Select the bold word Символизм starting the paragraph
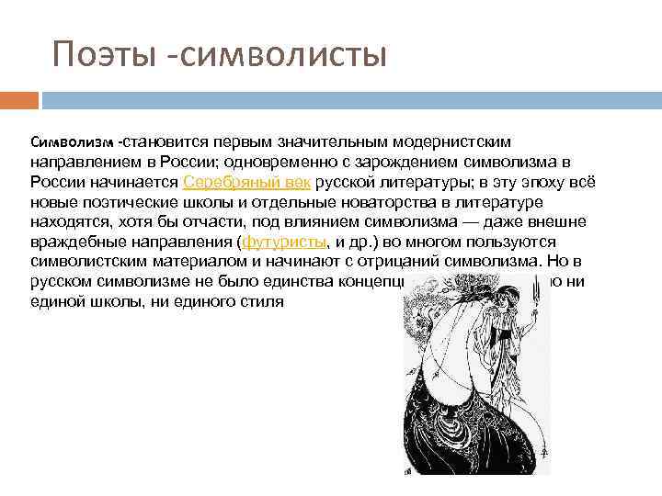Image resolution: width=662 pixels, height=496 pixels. [73, 143]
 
